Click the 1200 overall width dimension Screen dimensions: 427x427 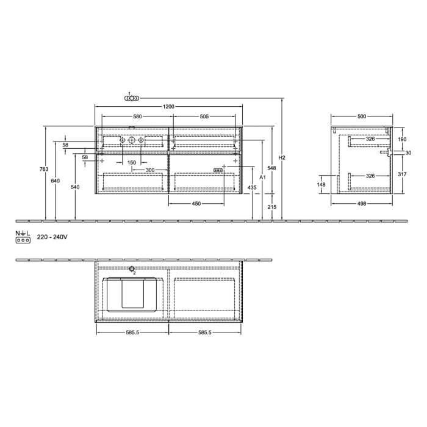click(x=168, y=107)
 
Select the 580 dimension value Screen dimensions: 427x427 click(x=137, y=116)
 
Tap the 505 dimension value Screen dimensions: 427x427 click(x=204, y=116)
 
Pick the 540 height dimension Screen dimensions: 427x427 click(x=75, y=187)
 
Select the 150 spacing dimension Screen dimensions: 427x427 click(x=132, y=162)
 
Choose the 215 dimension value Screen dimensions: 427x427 click(x=272, y=207)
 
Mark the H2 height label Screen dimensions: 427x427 click(x=282, y=158)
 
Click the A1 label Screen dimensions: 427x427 click(x=262, y=176)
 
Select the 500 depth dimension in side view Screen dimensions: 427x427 click(x=362, y=116)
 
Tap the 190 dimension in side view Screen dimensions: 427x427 click(x=402, y=139)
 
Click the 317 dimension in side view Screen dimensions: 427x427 click(x=402, y=174)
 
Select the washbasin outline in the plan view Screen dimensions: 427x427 click(x=134, y=295)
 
